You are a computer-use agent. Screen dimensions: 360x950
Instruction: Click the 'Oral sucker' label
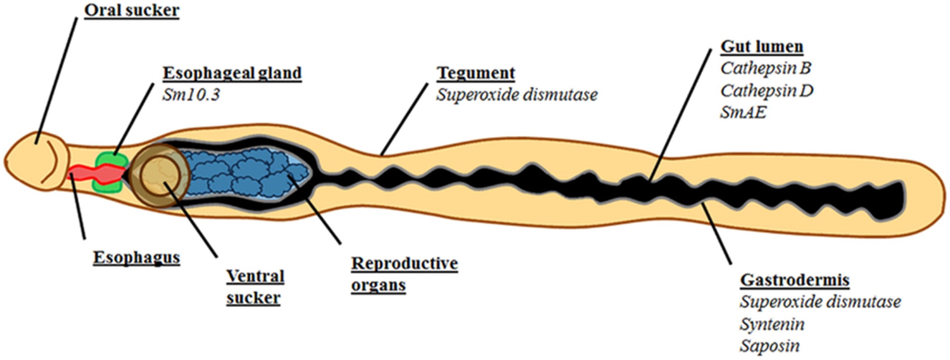[132, 10]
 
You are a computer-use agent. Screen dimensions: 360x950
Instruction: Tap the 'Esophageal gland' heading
[232, 73]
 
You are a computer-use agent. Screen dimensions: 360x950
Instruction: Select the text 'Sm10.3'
[191, 95]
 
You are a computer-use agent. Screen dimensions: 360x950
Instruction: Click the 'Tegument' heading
[475, 73]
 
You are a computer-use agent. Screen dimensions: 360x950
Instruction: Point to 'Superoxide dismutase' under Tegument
[517, 95]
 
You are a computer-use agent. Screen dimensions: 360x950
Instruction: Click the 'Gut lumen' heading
[762, 47]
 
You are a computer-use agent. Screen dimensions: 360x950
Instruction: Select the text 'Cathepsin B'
[766, 68]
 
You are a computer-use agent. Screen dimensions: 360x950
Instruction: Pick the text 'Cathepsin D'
[767, 91]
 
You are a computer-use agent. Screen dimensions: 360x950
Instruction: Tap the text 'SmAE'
[743, 112]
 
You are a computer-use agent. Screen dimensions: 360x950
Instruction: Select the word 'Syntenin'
[772, 324]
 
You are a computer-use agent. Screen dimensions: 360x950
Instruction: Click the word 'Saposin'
[770, 346]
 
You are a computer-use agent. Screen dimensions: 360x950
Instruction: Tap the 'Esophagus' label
[136, 258]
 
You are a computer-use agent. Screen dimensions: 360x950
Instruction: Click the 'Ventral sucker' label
[255, 287]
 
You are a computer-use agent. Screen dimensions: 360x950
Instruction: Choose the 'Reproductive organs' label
[404, 274]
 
